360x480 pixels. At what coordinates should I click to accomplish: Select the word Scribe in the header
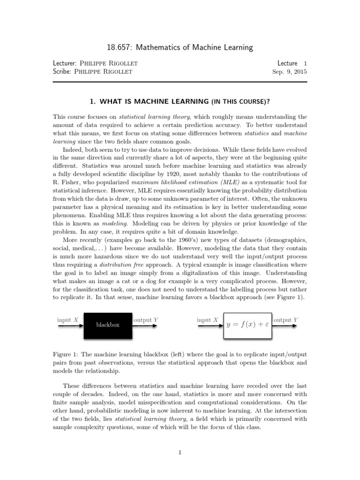tap(63, 72)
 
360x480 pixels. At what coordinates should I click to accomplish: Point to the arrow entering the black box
tap(70, 326)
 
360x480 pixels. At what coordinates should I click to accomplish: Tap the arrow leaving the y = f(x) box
tap(286, 326)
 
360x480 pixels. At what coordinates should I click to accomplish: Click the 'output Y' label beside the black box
tap(146, 320)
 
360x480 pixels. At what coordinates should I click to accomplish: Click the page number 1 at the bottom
tap(180, 452)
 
